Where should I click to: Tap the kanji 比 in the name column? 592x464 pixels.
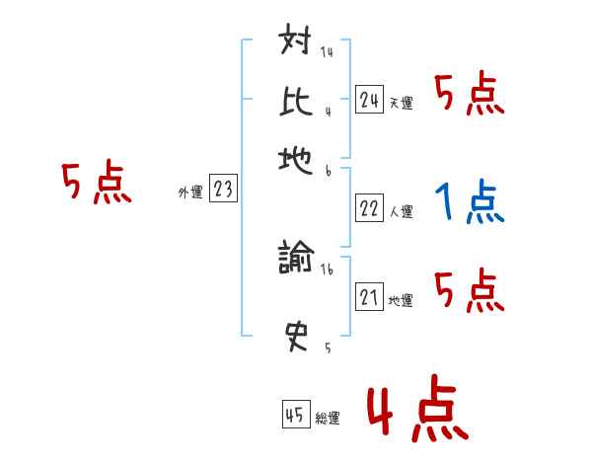click(x=297, y=101)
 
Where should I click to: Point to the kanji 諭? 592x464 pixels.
click(x=297, y=259)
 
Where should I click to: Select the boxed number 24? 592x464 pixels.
click(x=369, y=99)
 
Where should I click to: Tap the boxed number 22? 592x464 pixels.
click(x=369, y=208)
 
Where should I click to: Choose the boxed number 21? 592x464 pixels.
click(x=369, y=298)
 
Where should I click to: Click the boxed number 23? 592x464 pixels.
click(x=223, y=190)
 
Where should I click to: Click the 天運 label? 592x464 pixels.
click(x=401, y=103)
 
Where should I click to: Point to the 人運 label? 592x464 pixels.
click(x=401, y=211)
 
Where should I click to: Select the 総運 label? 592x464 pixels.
click(x=328, y=419)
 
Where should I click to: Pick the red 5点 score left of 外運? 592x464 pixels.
click(x=96, y=185)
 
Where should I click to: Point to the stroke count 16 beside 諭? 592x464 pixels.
click(x=327, y=267)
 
